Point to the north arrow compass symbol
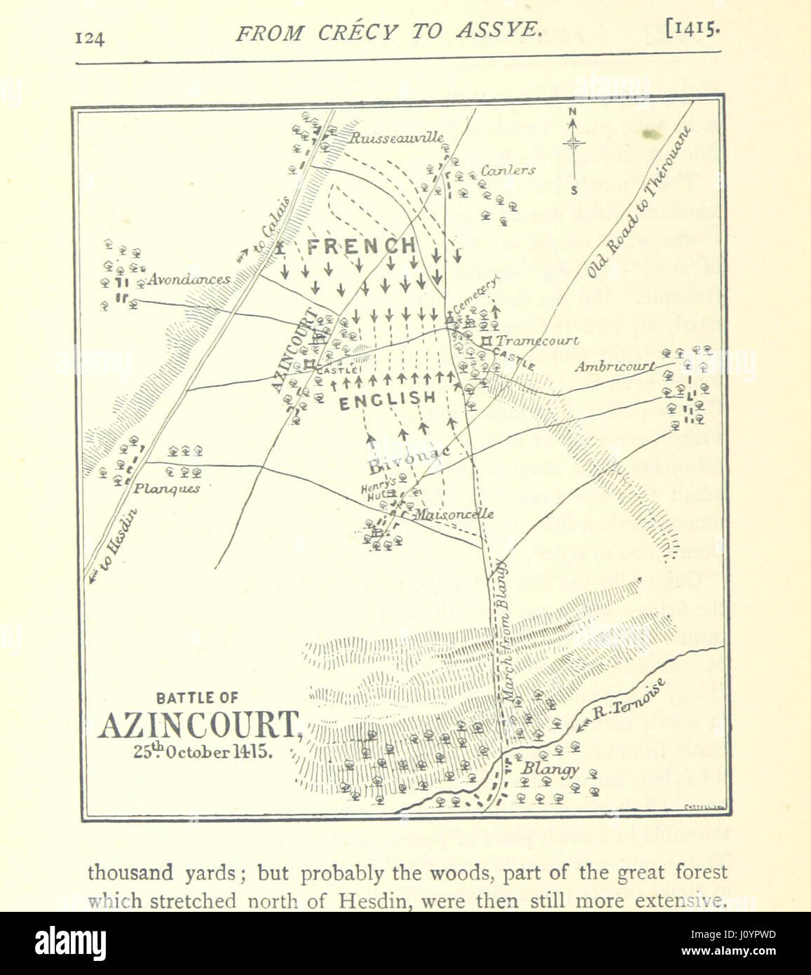pyautogui.click(x=574, y=144)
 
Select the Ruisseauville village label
pyautogui.click(x=397, y=138)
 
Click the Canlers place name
pyautogui.click(x=508, y=170)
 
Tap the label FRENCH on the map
pyautogui.click(x=361, y=246)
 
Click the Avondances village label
pyautogui.click(x=189, y=279)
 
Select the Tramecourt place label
pyautogui.click(x=538, y=341)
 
